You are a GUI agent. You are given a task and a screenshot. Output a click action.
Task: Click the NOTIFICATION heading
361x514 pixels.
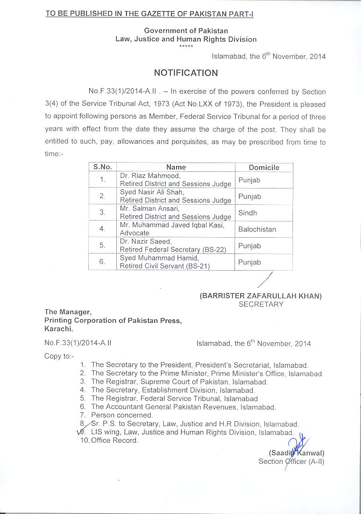click(x=186, y=73)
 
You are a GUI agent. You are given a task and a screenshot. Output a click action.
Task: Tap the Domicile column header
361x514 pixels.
click(x=264, y=167)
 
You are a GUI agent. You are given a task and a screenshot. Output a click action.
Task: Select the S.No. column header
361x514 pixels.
click(x=102, y=167)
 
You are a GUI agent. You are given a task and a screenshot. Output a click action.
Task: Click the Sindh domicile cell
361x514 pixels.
click(x=248, y=213)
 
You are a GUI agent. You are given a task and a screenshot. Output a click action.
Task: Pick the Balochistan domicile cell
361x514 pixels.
click(x=256, y=229)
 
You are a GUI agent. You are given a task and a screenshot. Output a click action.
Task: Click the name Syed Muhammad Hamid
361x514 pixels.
click(x=159, y=258)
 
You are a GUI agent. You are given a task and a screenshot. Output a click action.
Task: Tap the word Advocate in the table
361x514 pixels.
click(x=134, y=233)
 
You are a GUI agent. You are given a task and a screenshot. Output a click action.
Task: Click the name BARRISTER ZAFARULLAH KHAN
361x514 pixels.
click(x=261, y=296)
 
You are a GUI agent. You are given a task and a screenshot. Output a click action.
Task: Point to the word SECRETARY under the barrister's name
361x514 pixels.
click(x=261, y=304)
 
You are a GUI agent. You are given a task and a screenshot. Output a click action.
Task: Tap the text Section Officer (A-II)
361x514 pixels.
click(x=291, y=461)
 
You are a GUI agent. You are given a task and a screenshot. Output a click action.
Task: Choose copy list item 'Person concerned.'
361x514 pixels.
click(x=122, y=415)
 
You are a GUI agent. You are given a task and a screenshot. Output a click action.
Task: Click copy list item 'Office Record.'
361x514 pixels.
click(x=114, y=441)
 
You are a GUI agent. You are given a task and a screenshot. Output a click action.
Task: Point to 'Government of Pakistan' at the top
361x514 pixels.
click(x=186, y=30)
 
